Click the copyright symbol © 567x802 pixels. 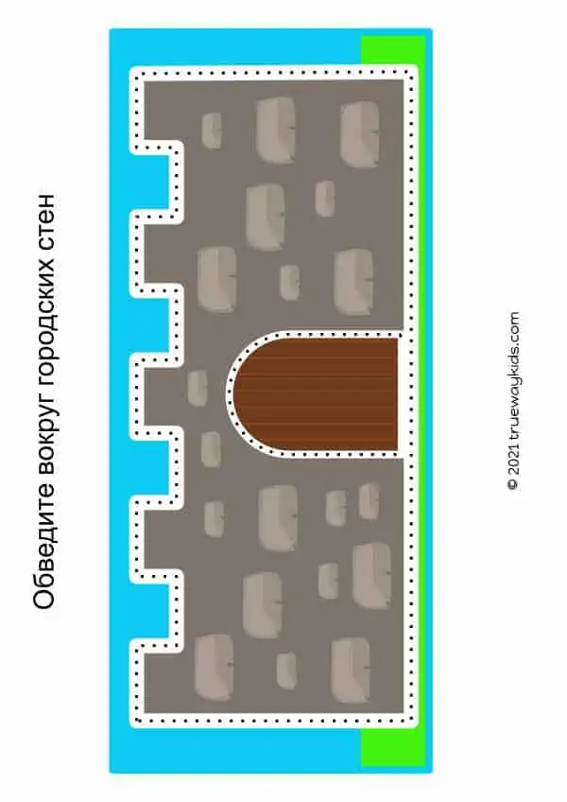coord(513,484)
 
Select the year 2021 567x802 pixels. coord(513,460)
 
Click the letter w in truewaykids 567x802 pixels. coord(513,407)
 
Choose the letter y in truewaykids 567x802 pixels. coord(513,387)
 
